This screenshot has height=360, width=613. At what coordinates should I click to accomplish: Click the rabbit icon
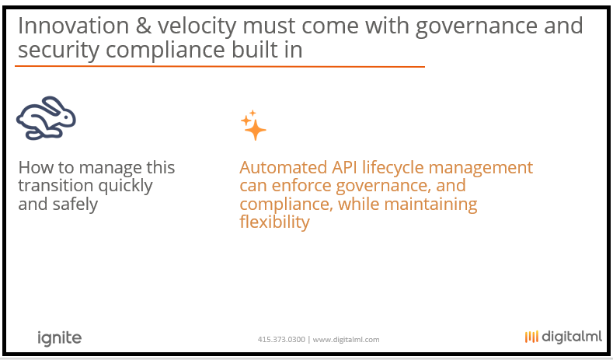click(46, 118)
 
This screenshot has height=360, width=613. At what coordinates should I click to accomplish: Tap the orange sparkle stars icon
click(253, 125)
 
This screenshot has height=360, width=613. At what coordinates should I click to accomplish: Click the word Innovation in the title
click(74, 26)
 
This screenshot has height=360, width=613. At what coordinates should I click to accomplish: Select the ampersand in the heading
click(144, 26)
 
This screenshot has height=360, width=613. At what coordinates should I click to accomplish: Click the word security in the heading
click(58, 51)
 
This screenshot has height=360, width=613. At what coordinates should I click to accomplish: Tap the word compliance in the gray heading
click(165, 51)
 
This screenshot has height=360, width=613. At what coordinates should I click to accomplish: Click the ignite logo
click(59, 338)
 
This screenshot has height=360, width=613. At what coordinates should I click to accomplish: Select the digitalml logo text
click(572, 337)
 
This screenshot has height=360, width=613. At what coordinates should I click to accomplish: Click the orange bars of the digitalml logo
click(531, 337)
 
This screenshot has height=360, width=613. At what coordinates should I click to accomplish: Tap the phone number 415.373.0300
click(281, 340)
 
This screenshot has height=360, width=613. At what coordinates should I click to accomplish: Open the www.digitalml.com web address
click(346, 340)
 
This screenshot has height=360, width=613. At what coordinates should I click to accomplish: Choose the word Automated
click(284, 167)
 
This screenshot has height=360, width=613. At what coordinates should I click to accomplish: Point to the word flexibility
click(274, 222)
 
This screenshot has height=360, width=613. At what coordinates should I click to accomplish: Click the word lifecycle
click(393, 168)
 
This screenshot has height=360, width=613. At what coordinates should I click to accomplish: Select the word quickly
click(125, 187)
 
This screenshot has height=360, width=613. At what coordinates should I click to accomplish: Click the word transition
click(56, 186)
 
